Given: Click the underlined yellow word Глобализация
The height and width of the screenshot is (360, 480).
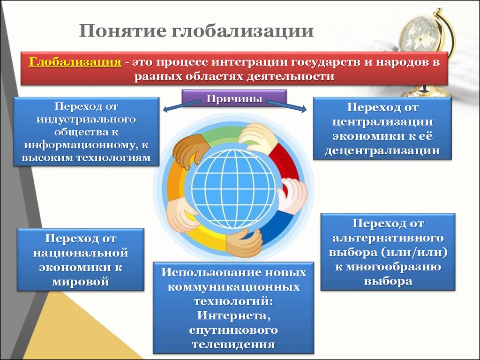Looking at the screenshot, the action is [x=75, y=62].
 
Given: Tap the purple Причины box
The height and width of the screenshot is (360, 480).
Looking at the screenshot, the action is [x=234, y=98].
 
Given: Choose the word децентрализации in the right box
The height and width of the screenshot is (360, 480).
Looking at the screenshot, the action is [x=382, y=150].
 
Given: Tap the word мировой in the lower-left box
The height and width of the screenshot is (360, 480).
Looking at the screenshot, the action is [x=81, y=281].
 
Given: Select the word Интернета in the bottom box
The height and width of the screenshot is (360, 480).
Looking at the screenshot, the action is [x=233, y=315].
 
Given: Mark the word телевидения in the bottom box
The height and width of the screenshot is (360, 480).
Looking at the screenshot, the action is [x=233, y=345].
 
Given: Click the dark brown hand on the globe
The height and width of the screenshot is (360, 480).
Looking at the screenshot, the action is [x=190, y=150].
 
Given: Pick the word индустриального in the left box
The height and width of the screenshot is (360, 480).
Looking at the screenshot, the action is [x=86, y=119].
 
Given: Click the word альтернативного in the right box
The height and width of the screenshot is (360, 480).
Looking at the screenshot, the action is [x=388, y=238].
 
